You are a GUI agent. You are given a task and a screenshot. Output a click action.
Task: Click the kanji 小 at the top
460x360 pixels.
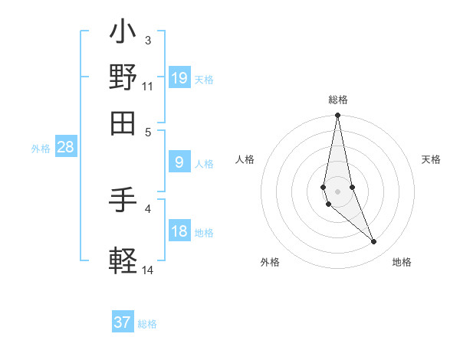tap(123, 34)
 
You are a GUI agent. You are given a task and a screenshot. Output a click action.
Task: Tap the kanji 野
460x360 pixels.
tap(123, 77)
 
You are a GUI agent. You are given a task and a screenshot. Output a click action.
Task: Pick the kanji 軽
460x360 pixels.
tap(123, 259)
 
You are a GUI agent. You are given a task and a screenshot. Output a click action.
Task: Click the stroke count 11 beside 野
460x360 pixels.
tap(148, 87)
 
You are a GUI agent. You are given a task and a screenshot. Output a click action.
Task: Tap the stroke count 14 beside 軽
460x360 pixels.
tap(148, 270)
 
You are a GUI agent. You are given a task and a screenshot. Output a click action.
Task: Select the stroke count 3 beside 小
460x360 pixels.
tap(147, 40)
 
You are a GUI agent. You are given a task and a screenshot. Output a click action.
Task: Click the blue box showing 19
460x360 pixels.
tap(179, 78)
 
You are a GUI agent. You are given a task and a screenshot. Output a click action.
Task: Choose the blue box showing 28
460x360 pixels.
tap(65, 148)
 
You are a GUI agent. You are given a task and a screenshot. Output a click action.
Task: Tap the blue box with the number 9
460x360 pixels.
tap(179, 162)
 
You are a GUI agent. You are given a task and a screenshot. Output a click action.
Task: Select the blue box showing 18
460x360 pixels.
tap(179, 232)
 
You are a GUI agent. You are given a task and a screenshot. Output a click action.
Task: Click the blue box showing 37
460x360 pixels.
tap(123, 322)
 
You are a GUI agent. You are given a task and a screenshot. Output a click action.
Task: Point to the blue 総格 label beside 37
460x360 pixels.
tap(148, 324)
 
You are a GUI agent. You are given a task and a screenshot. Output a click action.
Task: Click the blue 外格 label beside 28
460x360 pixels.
tap(41, 149)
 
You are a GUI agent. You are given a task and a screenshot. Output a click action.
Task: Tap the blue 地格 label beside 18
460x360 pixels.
tap(204, 233)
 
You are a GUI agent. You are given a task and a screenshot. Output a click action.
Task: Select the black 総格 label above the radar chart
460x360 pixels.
tap(338, 100)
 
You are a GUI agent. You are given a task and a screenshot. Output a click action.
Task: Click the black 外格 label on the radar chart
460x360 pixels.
tap(270, 262)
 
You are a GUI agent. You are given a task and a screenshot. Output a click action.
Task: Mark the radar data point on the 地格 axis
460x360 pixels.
tap(374, 242)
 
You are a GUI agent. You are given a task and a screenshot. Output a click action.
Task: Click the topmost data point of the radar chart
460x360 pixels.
tap(337, 116)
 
